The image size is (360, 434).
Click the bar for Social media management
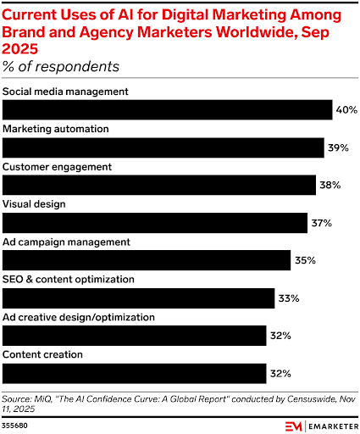tap(168, 109)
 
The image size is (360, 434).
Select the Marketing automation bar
tap(163, 147)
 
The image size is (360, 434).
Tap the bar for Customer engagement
tap(159, 185)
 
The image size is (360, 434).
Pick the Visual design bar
tap(155, 222)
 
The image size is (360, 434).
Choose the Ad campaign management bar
tap(147, 260)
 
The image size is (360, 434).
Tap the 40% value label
tap(346, 110)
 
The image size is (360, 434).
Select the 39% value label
tap(338, 147)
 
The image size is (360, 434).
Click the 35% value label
tap(305, 260)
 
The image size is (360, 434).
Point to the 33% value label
tap(289, 298)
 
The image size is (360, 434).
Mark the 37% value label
tap(321, 223)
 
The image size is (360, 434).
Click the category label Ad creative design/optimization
tap(79, 317)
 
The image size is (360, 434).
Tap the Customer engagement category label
tap(57, 166)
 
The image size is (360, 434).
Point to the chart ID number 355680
tap(16, 423)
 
